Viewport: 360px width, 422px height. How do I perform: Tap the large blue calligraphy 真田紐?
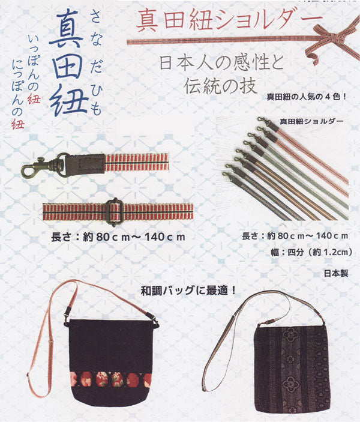point(69,62)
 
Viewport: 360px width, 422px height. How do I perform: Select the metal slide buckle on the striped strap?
point(112,211)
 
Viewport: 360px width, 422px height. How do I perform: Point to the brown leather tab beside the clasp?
point(85,164)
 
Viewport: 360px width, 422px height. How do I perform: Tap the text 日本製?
point(336,274)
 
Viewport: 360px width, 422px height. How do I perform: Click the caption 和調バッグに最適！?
point(188,291)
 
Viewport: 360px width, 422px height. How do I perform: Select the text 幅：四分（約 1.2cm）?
point(311,252)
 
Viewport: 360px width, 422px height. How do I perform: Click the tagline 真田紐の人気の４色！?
point(307,97)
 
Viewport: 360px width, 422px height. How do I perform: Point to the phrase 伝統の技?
point(220,86)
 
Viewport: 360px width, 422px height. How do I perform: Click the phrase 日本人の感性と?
point(222,62)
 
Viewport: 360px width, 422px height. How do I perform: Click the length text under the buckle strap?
point(118,237)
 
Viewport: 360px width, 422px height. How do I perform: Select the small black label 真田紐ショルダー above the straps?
point(311,121)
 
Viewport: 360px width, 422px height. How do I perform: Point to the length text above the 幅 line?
point(295,236)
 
